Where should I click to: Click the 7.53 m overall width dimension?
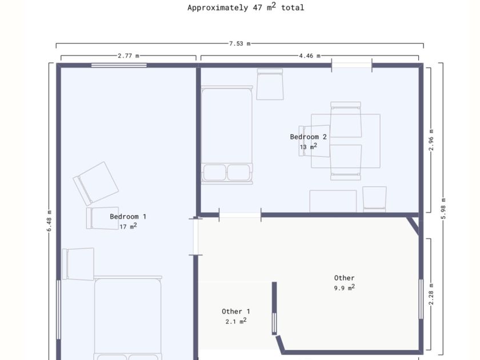(239, 44)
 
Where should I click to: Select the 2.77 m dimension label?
(129, 56)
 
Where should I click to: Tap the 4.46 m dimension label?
(310, 56)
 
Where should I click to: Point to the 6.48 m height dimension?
(49, 221)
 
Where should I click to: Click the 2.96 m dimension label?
(431, 140)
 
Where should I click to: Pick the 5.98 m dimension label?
(443, 209)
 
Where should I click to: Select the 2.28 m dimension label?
(431, 294)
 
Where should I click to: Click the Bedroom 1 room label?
(128, 217)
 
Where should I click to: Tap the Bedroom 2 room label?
(308, 137)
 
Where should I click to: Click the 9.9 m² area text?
(345, 287)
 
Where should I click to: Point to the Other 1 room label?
(235, 311)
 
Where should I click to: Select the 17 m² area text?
(128, 226)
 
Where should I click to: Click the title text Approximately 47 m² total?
(246, 7)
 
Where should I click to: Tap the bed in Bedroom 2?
(227, 135)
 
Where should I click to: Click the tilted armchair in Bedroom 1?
(96, 183)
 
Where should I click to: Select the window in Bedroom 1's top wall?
(119, 65)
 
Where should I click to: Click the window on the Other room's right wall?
(421, 299)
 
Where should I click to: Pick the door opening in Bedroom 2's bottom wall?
(240, 215)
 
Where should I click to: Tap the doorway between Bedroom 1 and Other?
(195, 237)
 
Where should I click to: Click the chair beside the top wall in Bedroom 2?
(270, 84)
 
